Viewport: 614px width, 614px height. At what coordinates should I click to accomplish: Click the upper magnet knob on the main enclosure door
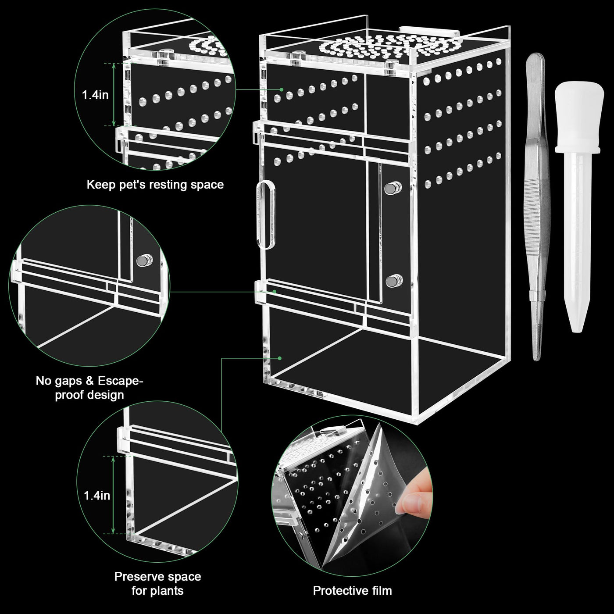pyautogui.click(x=393, y=188)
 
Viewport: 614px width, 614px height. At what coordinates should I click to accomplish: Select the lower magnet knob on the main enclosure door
pyautogui.click(x=394, y=281)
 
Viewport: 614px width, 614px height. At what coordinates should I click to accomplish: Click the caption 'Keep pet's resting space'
pyautogui.click(x=155, y=185)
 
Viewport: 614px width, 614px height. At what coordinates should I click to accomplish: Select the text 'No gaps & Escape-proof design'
pyautogui.click(x=89, y=388)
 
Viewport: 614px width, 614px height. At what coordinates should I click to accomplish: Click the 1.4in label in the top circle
pyautogui.click(x=95, y=95)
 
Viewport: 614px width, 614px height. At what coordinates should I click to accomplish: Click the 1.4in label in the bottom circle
pyautogui.click(x=97, y=496)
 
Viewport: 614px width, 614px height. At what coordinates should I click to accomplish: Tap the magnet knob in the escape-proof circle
pyautogui.click(x=144, y=261)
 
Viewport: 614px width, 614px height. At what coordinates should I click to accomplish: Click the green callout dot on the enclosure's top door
pyautogui.click(x=282, y=89)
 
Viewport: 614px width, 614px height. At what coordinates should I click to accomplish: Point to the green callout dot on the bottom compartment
pyautogui.click(x=279, y=358)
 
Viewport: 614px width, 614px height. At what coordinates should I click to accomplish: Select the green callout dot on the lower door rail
pyautogui.click(x=275, y=292)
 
